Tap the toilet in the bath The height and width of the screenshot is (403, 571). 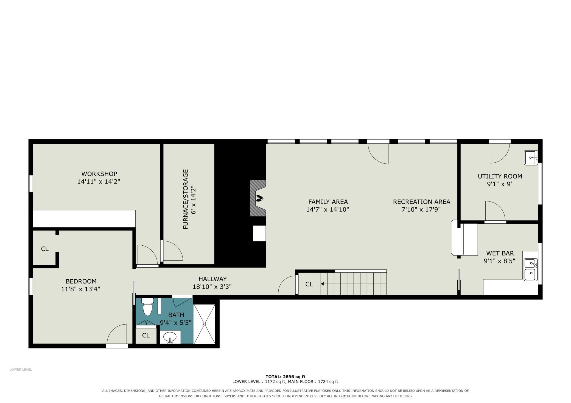pyautogui.click(x=147, y=306)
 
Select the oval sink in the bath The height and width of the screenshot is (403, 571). pyautogui.click(x=170, y=337)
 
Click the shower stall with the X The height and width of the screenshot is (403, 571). pyautogui.click(x=205, y=324)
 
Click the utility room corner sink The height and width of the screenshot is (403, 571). pyautogui.click(x=531, y=158)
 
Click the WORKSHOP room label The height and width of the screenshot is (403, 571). pyautogui.click(x=99, y=174)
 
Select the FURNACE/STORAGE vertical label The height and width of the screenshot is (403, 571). pyautogui.click(x=186, y=199)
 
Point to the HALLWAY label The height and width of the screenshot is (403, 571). pyautogui.click(x=212, y=279)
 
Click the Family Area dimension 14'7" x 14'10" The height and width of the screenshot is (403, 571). pyautogui.click(x=328, y=209)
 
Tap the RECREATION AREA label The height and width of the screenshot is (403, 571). pyautogui.click(x=422, y=202)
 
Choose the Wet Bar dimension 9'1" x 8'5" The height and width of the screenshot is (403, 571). pyautogui.click(x=499, y=261)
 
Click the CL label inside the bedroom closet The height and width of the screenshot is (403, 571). pyautogui.click(x=45, y=249)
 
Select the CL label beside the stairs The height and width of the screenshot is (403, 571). pyautogui.click(x=309, y=284)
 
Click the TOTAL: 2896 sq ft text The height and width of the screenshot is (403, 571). pyautogui.click(x=285, y=377)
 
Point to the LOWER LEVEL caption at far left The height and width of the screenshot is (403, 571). pyautogui.click(x=21, y=370)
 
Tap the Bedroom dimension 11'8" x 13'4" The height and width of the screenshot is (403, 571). pyautogui.click(x=80, y=289)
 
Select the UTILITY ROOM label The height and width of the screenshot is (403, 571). pyautogui.click(x=500, y=176)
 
